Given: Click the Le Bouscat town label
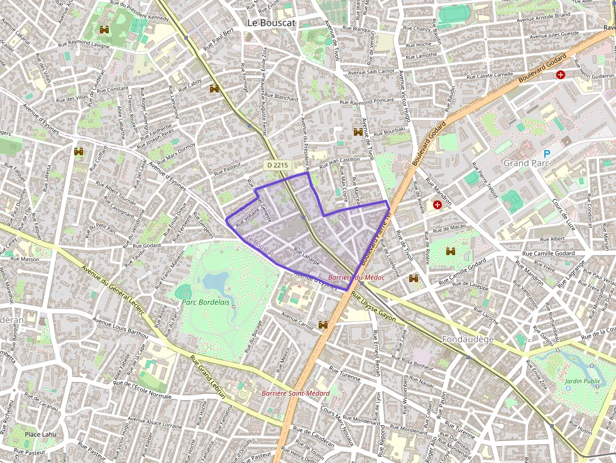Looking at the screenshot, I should pyautogui.click(x=271, y=22).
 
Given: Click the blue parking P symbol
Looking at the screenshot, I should pyautogui.click(x=546, y=153).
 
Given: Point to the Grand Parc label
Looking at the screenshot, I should pyautogui.click(x=527, y=163).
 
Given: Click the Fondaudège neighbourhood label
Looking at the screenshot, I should pyautogui.click(x=468, y=340).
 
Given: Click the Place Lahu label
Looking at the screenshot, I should pyautogui.click(x=41, y=434).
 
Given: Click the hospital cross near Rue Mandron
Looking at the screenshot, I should pyautogui.click(x=437, y=205).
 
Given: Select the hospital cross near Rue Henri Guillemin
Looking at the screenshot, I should pyautogui.click(x=560, y=74).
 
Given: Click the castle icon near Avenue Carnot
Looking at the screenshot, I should pyautogui.click(x=324, y=325).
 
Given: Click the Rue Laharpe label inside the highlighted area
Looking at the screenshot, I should pyautogui.click(x=307, y=258).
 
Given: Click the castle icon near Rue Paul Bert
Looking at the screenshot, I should pyautogui.click(x=214, y=89).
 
